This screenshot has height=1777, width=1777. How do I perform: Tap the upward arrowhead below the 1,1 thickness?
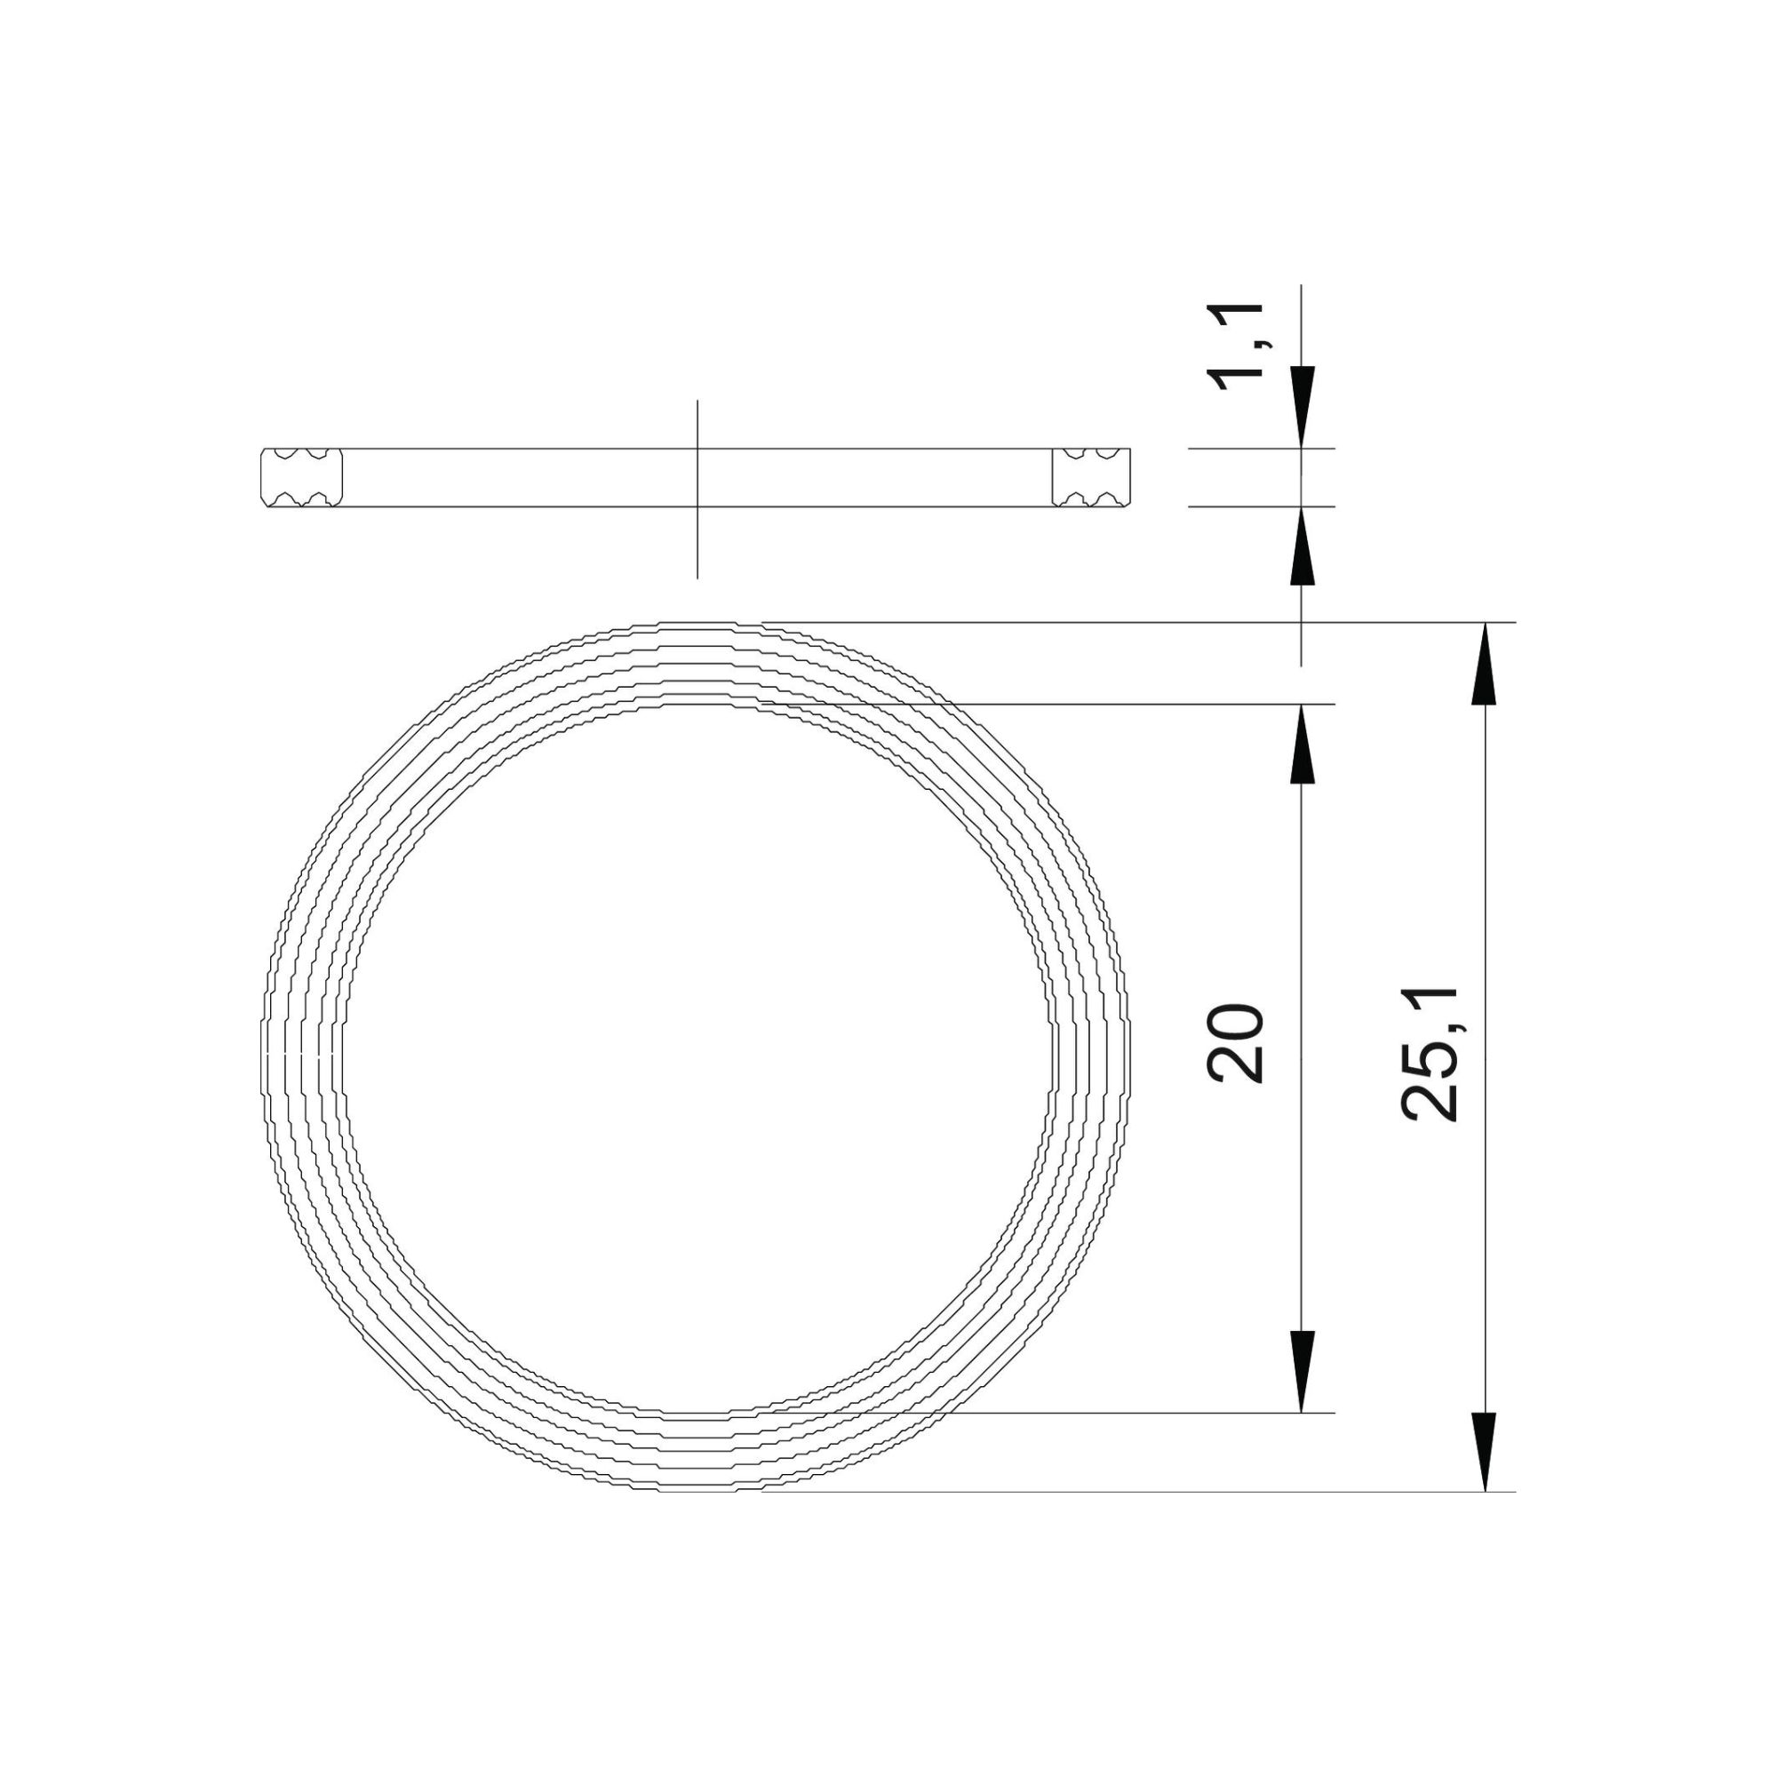point(1302,548)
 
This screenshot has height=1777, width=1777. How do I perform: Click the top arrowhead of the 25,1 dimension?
point(1486,664)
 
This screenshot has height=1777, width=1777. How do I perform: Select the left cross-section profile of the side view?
point(302,477)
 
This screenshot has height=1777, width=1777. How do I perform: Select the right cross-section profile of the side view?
point(1092,477)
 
